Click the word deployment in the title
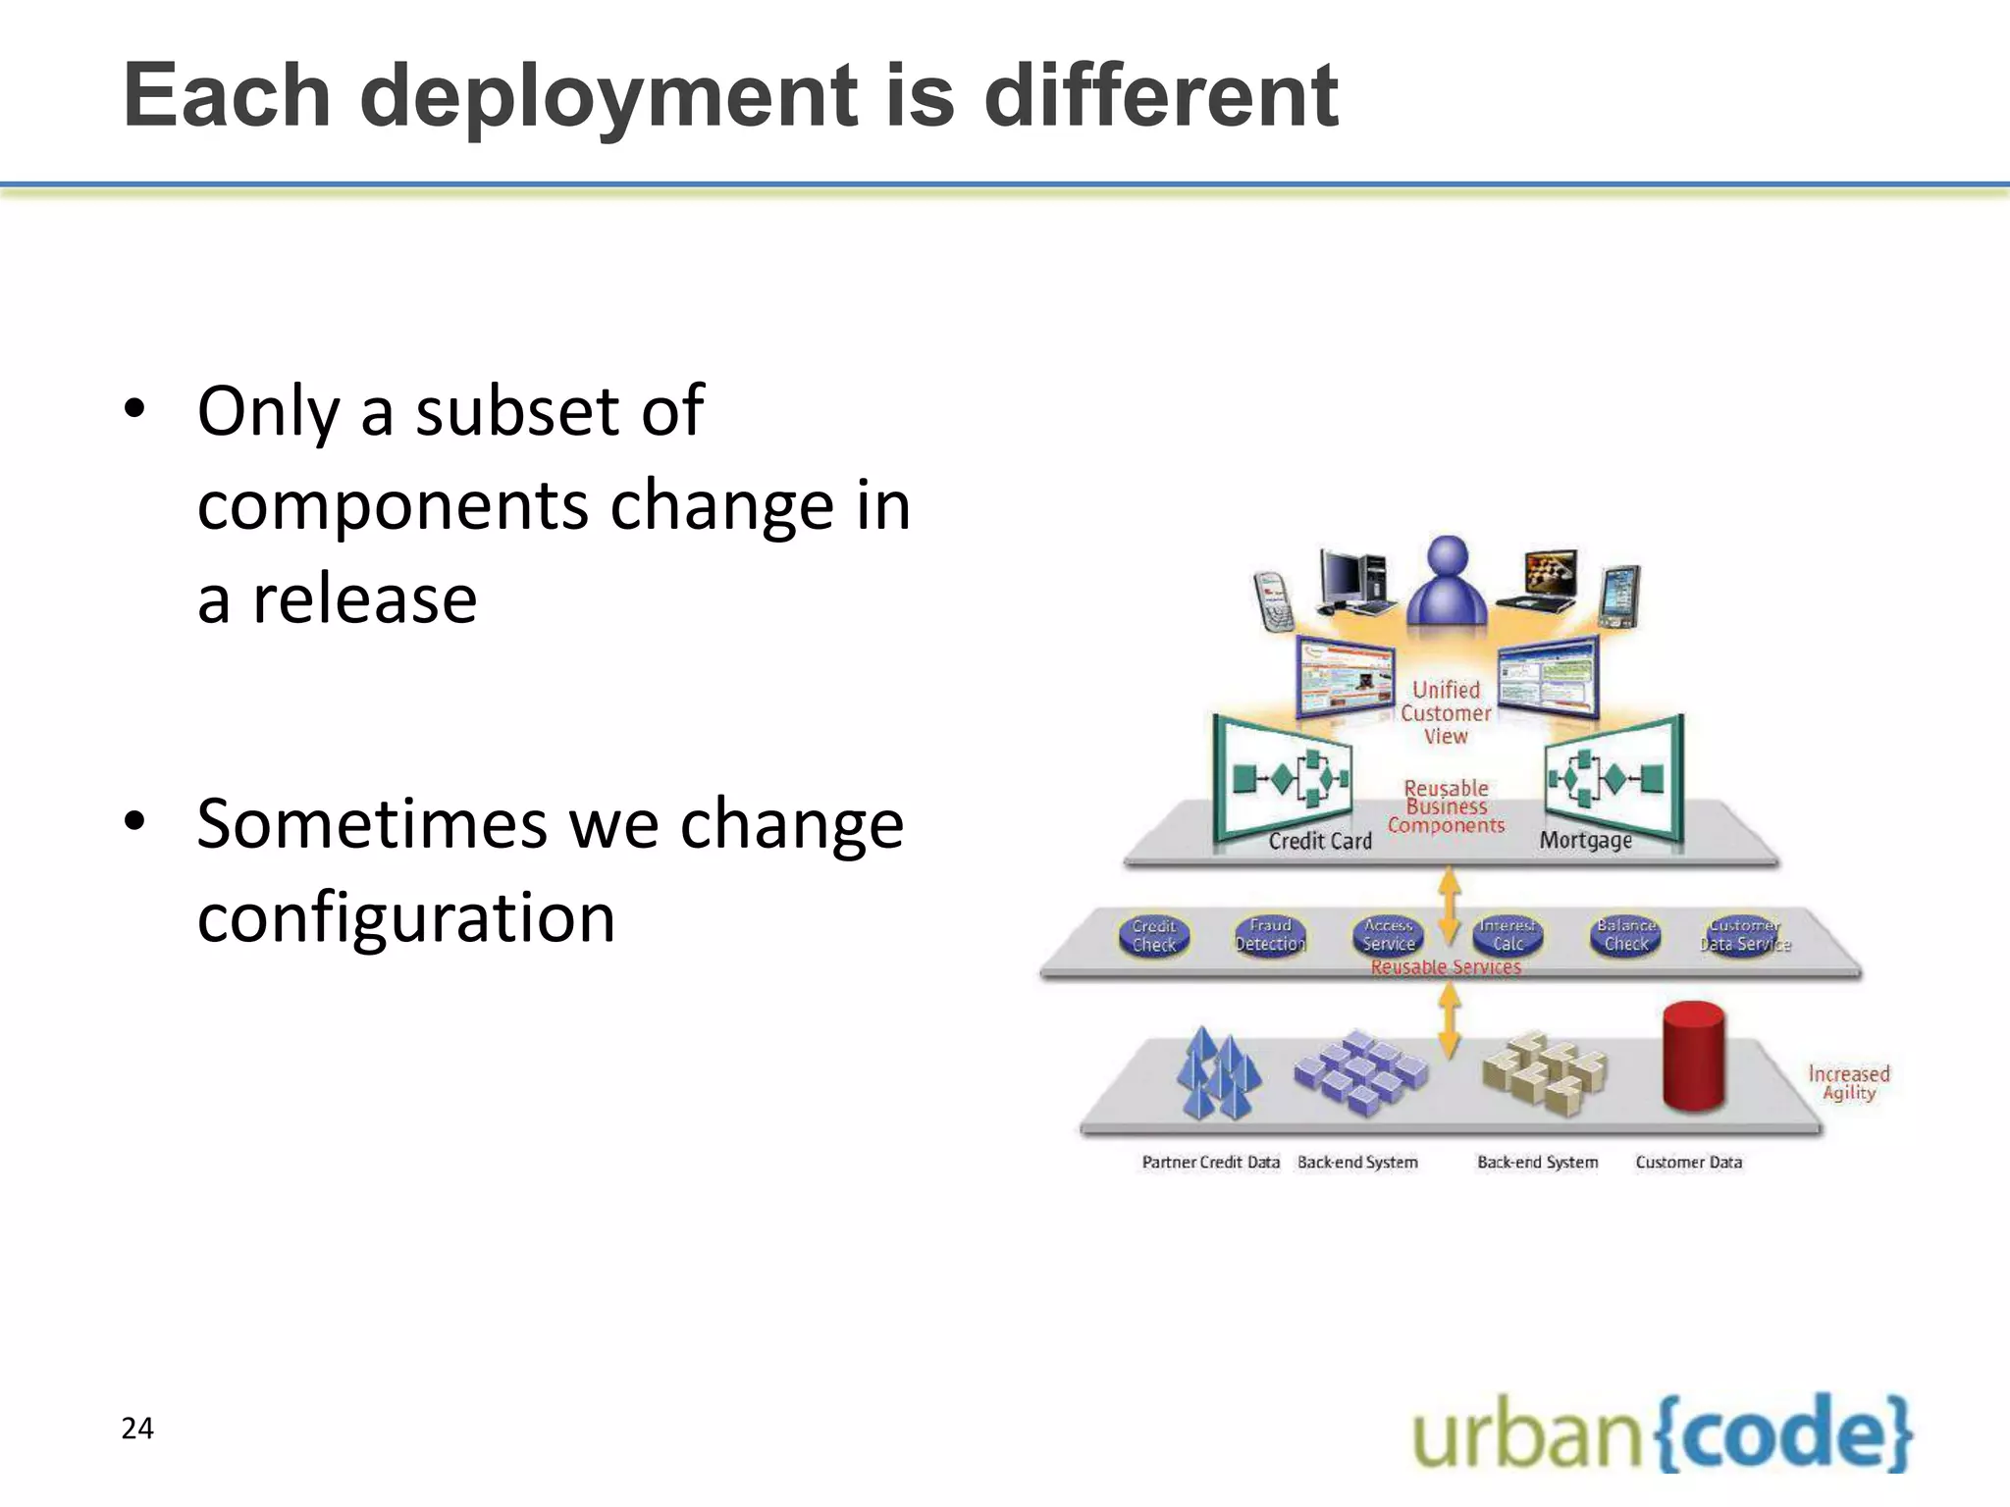click(x=609, y=97)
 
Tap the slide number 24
click(x=137, y=1428)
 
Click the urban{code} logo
click(x=1662, y=1432)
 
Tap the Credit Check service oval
click(x=1153, y=935)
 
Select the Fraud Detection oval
click(x=1270, y=935)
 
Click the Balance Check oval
click(x=1625, y=934)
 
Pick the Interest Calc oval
click(x=1507, y=935)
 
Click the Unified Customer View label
click(x=1446, y=713)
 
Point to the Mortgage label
click(x=1585, y=840)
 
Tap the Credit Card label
click(x=1319, y=841)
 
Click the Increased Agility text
click(x=1849, y=1083)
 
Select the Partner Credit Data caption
click(x=1210, y=1162)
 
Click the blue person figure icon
click(x=1447, y=582)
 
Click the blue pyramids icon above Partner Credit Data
click(x=1218, y=1074)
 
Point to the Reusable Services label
click(x=1446, y=967)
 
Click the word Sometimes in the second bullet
click(x=372, y=824)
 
